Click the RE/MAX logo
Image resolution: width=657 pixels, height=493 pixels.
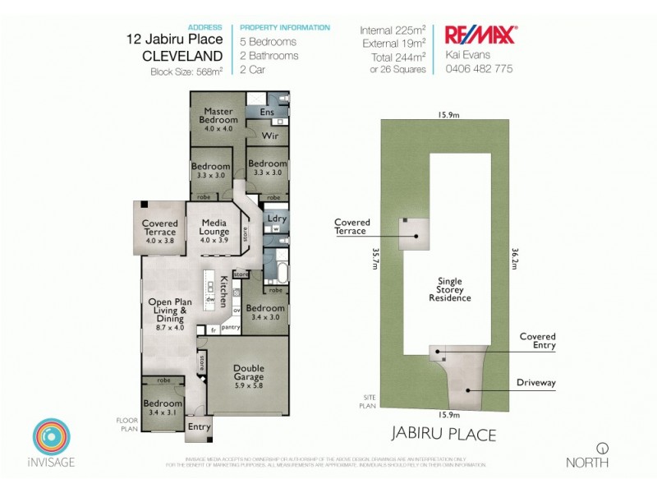(x=480, y=35)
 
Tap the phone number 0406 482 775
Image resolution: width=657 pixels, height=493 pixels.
(x=479, y=69)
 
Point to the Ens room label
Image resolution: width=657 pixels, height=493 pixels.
(x=266, y=112)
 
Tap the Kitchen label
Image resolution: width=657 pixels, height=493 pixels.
(x=223, y=293)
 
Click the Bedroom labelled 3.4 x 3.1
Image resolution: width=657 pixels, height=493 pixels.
(x=163, y=408)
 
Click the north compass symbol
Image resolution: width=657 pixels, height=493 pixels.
(x=604, y=448)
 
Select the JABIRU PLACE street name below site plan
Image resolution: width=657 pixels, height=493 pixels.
(x=443, y=434)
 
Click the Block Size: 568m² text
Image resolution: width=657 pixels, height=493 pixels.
(x=186, y=71)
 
